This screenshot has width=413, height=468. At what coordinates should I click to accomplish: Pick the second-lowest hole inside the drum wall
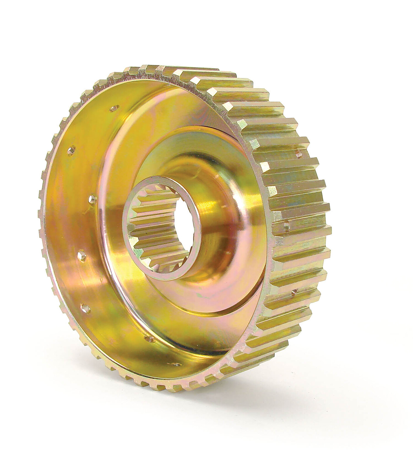pos(150,339)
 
